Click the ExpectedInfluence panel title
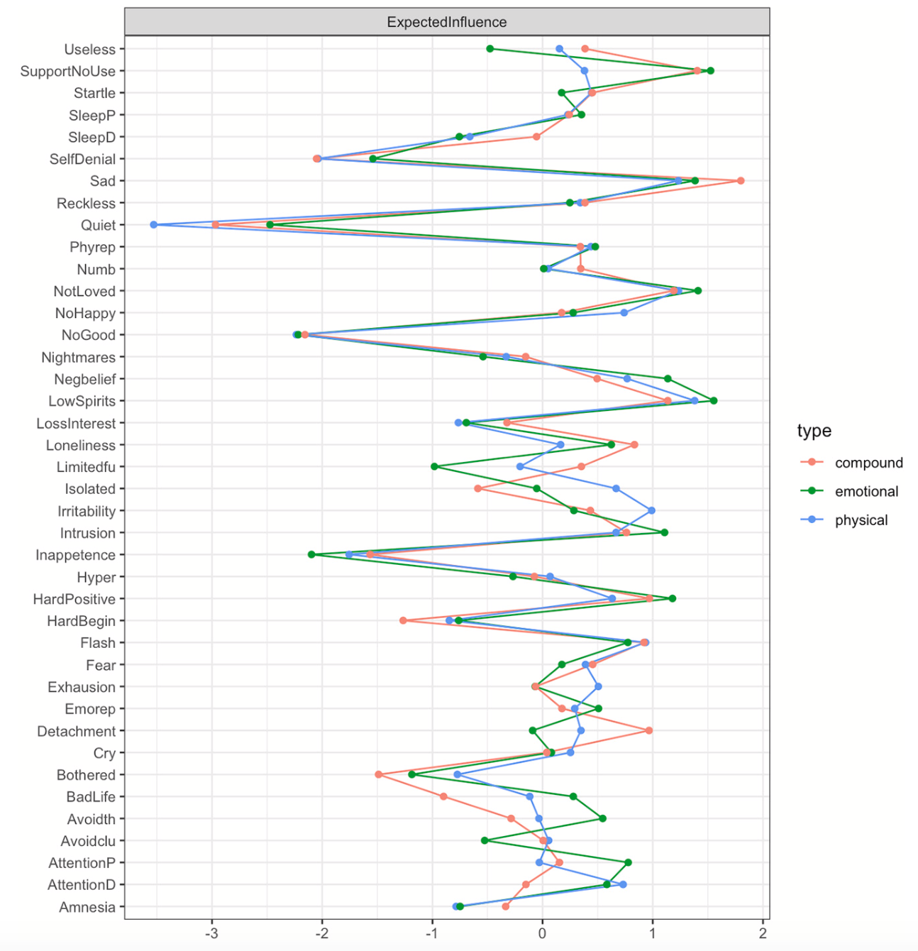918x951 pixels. [446, 22]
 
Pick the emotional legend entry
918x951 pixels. [866, 491]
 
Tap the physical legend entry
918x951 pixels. [861, 520]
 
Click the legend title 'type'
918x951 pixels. [814, 431]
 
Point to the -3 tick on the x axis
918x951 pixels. [211, 933]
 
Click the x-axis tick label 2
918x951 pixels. [763, 933]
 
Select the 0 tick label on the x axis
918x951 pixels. [542, 933]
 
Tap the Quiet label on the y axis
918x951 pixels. [98, 225]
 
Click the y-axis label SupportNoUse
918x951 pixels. [67, 71]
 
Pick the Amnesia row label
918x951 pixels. [87, 907]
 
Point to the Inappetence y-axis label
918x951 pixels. [75, 555]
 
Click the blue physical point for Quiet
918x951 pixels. [153, 225]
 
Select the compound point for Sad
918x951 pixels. [741, 181]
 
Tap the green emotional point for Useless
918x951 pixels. [490, 49]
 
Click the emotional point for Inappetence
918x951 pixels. [311, 554]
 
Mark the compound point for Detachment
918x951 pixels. [648, 730]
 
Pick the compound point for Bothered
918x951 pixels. [378, 774]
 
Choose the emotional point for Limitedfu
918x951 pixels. [434, 466]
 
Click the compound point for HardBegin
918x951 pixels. [403, 620]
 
